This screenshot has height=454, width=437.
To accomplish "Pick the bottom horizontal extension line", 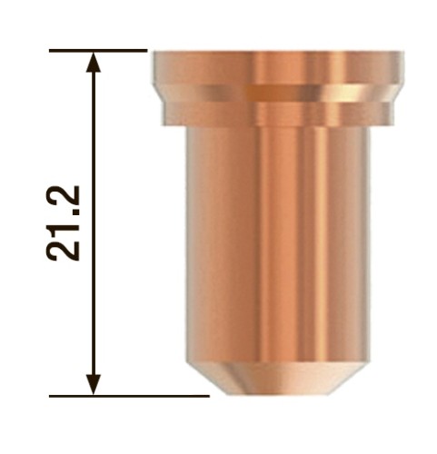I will pyautogui.click(x=127, y=396).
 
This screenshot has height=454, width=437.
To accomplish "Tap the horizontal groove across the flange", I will pyautogui.click(x=276, y=91).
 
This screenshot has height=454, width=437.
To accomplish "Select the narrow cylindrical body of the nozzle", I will pyautogui.click(x=276, y=245).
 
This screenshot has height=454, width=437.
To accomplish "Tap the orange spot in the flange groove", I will pyautogui.click(x=263, y=92).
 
